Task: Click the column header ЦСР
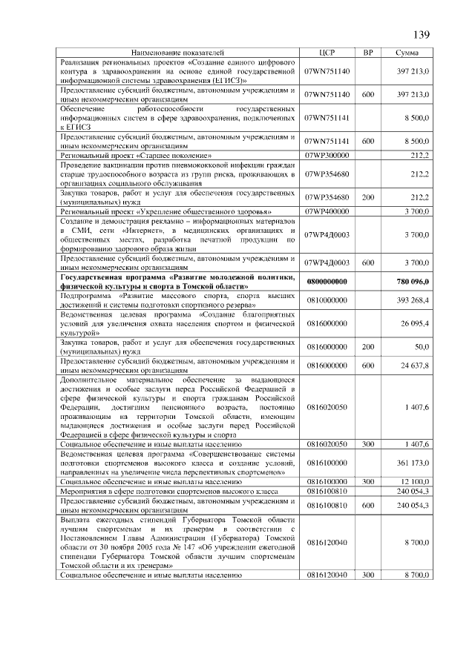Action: (327, 53)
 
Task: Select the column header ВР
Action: (367, 53)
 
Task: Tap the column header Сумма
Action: (406, 53)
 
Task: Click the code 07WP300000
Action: (327, 155)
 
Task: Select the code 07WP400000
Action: (327, 212)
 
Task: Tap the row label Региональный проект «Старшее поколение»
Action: (137, 155)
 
